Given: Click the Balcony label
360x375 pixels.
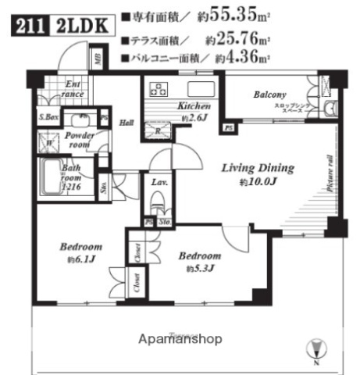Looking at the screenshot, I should pos(269,95).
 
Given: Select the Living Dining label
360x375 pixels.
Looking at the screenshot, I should pos(257,167).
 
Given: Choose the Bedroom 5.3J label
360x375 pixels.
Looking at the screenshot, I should pos(199,256).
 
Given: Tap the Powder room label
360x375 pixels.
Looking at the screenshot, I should pos(80,140).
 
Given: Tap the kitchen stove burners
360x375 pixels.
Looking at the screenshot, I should pos(157,87).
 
